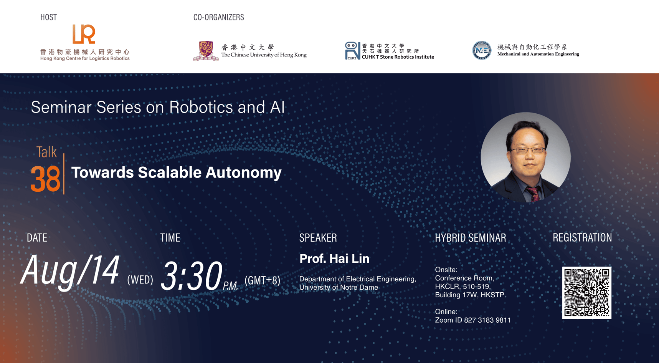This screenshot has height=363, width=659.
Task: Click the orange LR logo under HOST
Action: (x=84, y=34)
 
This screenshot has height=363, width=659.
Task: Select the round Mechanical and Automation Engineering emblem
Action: (x=481, y=50)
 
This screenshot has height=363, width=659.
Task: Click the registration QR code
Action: (x=586, y=293)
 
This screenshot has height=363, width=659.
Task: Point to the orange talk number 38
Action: (x=45, y=179)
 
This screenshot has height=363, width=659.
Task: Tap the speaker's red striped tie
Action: (x=533, y=193)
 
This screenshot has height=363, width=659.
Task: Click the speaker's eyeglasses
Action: (x=528, y=150)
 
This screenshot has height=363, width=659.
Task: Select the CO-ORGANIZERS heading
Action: (x=218, y=17)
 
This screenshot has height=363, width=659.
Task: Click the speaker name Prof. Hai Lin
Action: (x=334, y=259)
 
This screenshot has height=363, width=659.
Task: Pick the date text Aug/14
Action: (x=70, y=270)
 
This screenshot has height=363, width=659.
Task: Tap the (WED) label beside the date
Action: (x=140, y=280)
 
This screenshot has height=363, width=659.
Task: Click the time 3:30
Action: (x=191, y=275)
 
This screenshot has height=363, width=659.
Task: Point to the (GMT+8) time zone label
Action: (x=263, y=280)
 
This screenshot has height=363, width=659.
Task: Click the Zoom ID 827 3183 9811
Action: (x=487, y=320)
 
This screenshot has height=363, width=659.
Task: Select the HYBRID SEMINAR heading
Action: (x=470, y=238)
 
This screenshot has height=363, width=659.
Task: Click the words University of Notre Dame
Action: (x=339, y=287)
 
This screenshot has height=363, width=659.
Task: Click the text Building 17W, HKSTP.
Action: (x=470, y=295)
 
